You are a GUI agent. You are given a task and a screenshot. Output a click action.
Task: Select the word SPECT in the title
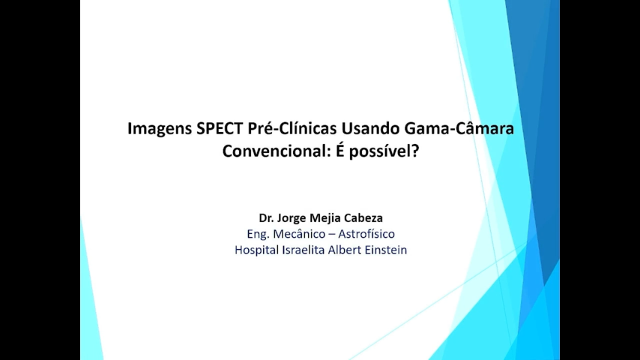[220, 128]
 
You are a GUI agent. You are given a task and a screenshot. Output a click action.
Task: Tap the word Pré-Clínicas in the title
[292, 128]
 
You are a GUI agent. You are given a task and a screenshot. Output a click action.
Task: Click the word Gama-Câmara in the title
[459, 128]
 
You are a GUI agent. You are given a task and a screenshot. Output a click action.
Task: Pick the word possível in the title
[380, 152]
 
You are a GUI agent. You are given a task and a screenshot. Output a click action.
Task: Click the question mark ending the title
[415, 151]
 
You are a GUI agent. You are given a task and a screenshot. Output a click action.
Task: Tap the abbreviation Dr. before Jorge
[266, 217]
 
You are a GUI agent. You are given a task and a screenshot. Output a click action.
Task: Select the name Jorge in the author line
[291, 218]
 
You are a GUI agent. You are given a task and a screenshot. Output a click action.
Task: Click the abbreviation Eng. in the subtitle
[258, 235]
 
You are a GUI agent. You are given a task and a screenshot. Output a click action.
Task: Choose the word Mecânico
[303, 234]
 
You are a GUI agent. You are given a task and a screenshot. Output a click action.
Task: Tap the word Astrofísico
[366, 234]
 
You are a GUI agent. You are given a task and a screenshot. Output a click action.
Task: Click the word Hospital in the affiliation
[256, 250]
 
